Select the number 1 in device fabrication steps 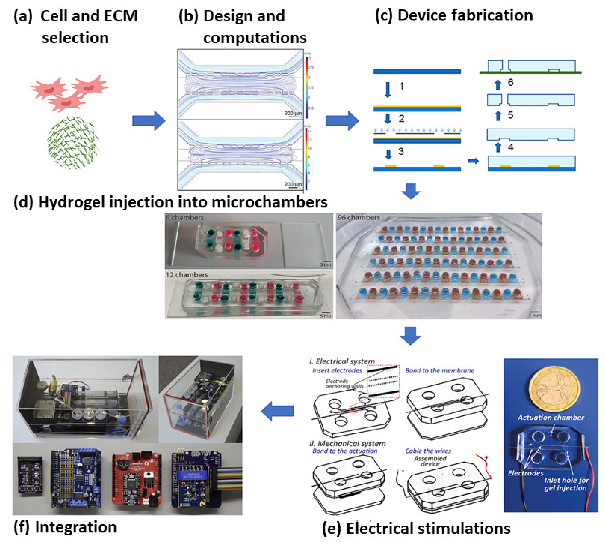click(401, 86)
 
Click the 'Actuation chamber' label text click(550, 417)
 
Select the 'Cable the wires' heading click(428, 451)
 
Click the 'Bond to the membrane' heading click(439, 371)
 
